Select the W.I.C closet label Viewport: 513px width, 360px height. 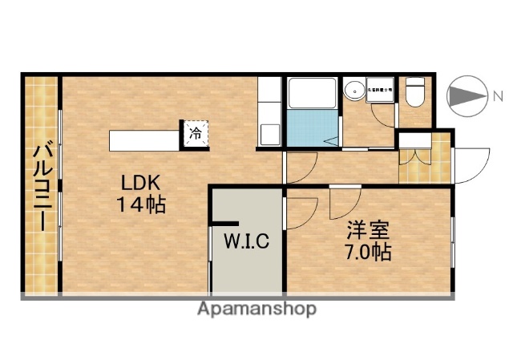[x=245, y=240]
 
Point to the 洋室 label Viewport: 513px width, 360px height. [x=367, y=230]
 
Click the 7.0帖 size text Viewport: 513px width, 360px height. [x=367, y=253]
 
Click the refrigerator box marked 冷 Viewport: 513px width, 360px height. [x=195, y=133]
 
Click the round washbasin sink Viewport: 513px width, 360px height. [x=353, y=91]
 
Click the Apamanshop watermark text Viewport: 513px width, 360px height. [x=256, y=309]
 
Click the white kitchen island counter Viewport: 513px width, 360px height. [x=144, y=138]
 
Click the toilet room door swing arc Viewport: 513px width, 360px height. [x=384, y=116]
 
